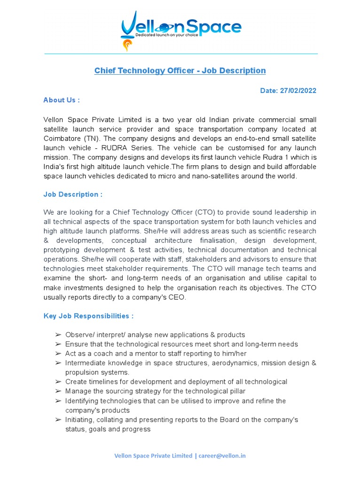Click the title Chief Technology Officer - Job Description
pyautogui.click(x=180, y=70)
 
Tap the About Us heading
pyautogui.click(x=62, y=100)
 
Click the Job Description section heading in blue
pyautogui.click(x=73, y=194)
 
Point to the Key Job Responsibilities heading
pyautogui.click(x=88, y=316)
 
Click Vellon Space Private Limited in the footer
pyautogui.click(x=154, y=456)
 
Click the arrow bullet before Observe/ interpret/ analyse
pyautogui.click(x=58, y=335)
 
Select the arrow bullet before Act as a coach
pyautogui.click(x=58, y=354)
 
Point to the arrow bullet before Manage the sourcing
pyautogui.click(x=58, y=391)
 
